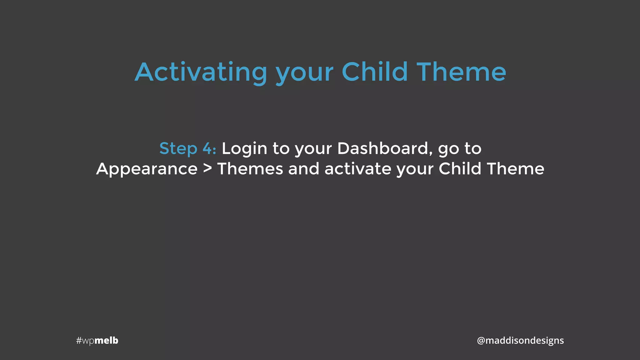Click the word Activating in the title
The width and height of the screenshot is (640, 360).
coord(201,72)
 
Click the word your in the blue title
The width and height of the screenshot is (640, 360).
coord(304,75)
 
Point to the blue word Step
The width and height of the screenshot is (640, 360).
coord(178,149)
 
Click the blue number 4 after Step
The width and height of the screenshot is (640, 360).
coord(207,148)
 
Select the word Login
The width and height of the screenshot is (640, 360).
coord(244,149)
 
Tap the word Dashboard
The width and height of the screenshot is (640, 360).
coord(382,148)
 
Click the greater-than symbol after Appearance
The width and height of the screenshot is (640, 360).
coord(207,169)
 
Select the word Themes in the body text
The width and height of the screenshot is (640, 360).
coord(250,169)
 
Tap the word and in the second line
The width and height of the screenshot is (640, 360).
coord(303,169)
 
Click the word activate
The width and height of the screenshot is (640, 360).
coord(358,169)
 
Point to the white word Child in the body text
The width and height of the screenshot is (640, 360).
coord(460,169)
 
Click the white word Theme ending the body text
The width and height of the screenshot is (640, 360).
coord(515,169)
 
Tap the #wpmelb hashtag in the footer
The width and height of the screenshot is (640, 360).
coord(97,340)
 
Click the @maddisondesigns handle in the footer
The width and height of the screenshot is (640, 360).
coord(520,340)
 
